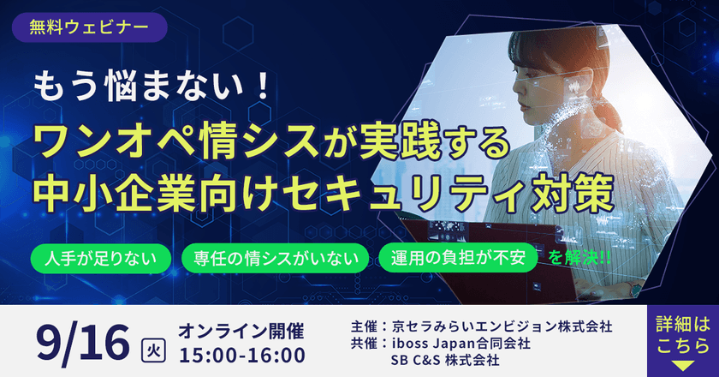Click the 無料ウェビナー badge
[x=89, y=27]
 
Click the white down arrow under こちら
[x=683, y=364]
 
